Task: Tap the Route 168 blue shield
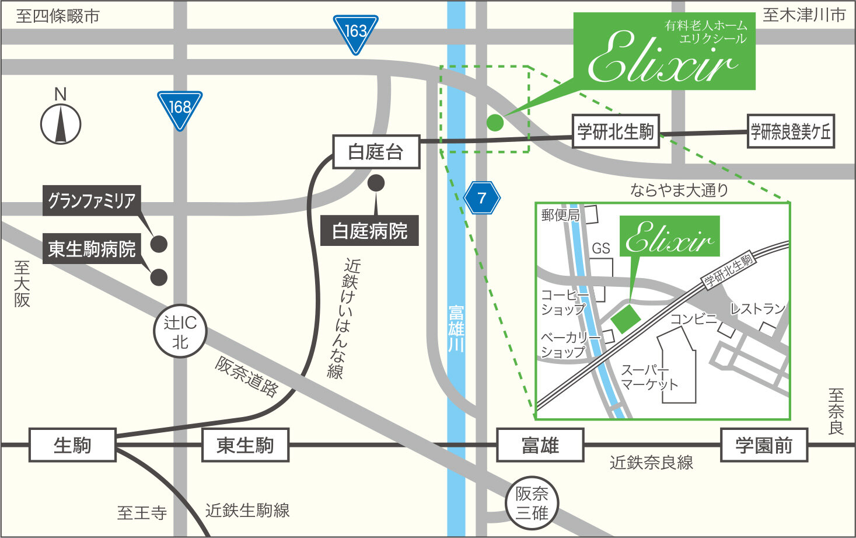click(x=180, y=109)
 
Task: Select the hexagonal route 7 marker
click(x=482, y=199)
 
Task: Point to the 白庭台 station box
click(x=376, y=152)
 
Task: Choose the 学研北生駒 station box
click(x=615, y=131)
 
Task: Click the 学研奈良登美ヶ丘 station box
click(x=791, y=131)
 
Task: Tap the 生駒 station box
click(x=72, y=445)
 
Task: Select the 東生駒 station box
click(x=245, y=445)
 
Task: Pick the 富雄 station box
click(x=540, y=445)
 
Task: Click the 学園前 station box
click(x=764, y=445)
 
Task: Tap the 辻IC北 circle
click(x=180, y=331)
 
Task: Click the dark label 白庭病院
click(x=369, y=231)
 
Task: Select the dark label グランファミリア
click(x=92, y=201)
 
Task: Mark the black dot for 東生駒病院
click(x=159, y=277)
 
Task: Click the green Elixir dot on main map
click(x=494, y=122)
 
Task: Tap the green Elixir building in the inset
click(x=626, y=318)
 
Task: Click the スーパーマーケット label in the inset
click(x=649, y=377)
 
